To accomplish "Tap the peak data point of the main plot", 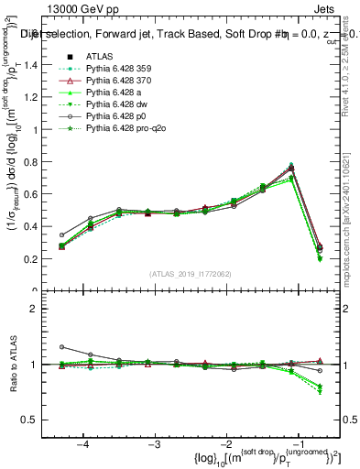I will coord(291,169).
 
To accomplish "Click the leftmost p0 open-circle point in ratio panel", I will coord(61,347).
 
